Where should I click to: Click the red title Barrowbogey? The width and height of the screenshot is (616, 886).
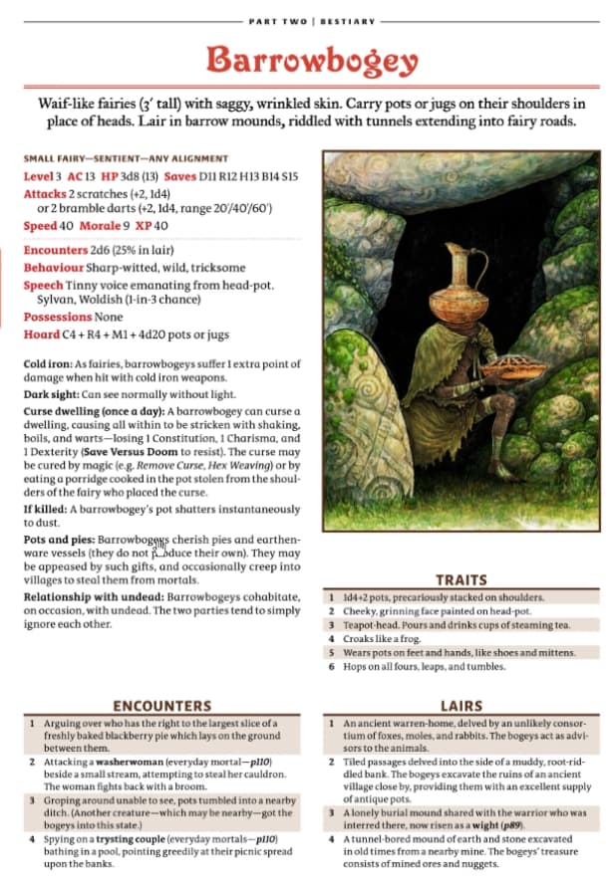[311, 61]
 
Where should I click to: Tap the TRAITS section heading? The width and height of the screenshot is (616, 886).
[461, 579]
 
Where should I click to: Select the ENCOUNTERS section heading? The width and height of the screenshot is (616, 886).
[161, 705]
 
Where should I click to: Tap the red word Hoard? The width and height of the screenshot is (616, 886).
[41, 334]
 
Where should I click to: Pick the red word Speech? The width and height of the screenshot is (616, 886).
[45, 285]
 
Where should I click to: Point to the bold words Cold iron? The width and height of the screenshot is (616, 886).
[46, 365]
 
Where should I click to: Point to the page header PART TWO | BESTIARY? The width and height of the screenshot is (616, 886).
[309, 19]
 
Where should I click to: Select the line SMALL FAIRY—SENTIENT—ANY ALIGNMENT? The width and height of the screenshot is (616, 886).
[126, 158]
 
